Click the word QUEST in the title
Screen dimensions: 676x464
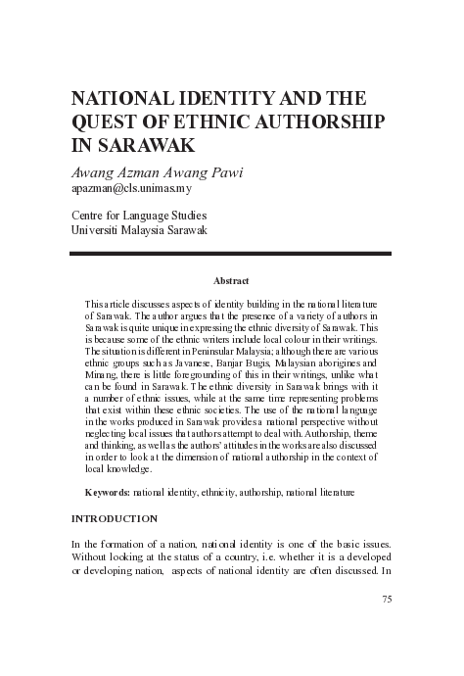[106, 122]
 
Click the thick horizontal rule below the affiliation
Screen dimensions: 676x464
[231, 254]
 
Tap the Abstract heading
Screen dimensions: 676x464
[231, 281]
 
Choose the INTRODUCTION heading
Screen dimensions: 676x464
[115, 517]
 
